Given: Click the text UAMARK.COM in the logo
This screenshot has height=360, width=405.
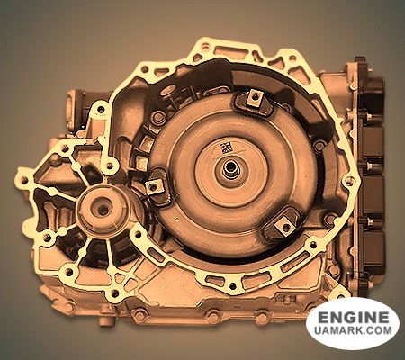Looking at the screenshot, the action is [353, 330].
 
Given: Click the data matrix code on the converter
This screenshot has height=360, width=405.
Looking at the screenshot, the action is [227, 148].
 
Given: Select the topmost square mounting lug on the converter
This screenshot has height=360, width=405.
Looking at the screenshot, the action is [255, 98].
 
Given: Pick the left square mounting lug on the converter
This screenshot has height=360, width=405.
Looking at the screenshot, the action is [154, 187].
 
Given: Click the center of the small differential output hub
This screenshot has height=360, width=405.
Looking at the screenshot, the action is [103, 208].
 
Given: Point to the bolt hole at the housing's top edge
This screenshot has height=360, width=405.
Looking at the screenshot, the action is [205, 47].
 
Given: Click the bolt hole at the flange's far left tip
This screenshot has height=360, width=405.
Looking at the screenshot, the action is [24, 181].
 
